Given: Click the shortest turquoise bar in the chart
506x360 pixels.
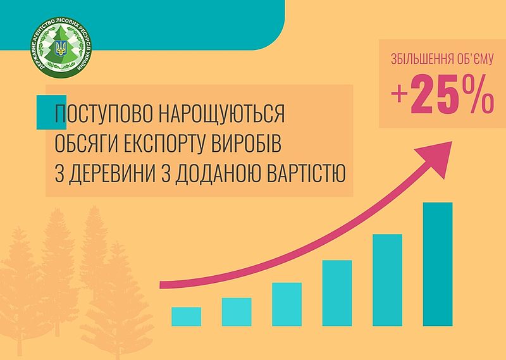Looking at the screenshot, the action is pyautogui.click(x=186, y=316).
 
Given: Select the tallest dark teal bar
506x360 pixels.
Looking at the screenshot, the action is pyautogui.click(x=438, y=264).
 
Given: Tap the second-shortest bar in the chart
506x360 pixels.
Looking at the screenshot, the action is pyautogui.click(x=237, y=312).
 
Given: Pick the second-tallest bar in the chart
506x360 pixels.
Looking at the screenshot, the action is pyautogui.click(x=387, y=280).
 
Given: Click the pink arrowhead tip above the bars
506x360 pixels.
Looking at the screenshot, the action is pyautogui.click(x=452, y=142).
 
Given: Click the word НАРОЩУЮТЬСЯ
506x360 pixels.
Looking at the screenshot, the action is pyautogui.click(x=223, y=114).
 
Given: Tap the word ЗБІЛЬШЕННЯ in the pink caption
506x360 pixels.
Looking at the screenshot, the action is pyautogui.click(x=416, y=59).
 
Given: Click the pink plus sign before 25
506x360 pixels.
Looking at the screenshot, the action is pyautogui.click(x=400, y=95).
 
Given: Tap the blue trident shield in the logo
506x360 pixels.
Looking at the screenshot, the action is pyautogui.click(x=61, y=49).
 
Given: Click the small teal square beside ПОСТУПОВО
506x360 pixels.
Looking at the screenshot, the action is pyautogui.click(x=51, y=113).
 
